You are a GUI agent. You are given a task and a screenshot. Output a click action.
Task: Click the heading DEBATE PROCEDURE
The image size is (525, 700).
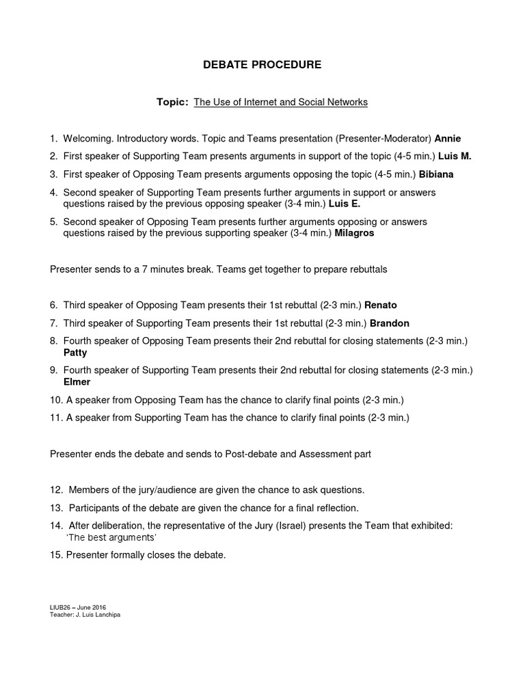(262, 65)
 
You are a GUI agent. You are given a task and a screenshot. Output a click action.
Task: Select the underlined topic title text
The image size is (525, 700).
(280, 102)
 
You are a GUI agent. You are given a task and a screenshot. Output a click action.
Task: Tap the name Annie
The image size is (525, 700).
(448, 139)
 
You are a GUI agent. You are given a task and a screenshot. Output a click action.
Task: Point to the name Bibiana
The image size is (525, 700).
(436, 174)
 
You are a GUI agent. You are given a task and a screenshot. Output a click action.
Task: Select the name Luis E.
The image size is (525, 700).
(344, 204)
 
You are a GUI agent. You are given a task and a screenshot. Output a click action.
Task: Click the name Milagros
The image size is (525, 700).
(354, 233)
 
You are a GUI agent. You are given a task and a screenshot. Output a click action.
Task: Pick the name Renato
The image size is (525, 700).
(380, 305)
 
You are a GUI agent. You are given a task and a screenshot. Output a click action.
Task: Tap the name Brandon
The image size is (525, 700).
(390, 323)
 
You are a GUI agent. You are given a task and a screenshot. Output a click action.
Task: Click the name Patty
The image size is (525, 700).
(75, 353)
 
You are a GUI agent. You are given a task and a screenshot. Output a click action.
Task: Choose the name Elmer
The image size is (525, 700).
(77, 382)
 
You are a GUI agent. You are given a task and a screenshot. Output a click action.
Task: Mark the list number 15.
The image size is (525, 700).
(55, 555)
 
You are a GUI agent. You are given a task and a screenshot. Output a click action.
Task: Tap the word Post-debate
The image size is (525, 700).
(251, 454)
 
